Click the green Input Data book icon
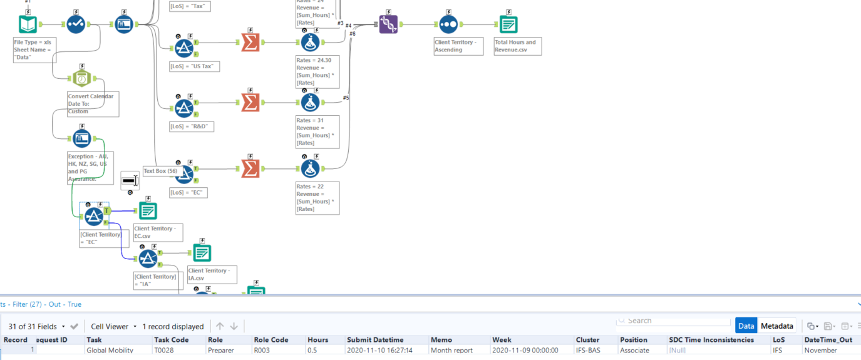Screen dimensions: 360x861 (x=28, y=24)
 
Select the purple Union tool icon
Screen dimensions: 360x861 (x=388, y=24)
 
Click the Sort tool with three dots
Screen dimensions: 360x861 (x=448, y=24)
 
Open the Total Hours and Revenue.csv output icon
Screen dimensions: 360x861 (x=508, y=24)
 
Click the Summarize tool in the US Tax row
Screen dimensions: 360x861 (x=250, y=43)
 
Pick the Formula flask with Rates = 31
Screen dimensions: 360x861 (x=309, y=102)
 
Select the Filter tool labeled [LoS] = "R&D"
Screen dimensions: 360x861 (x=184, y=108)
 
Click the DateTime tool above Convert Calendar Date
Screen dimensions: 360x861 (x=82, y=78)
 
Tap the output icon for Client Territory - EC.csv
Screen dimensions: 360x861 (x=148, y=210)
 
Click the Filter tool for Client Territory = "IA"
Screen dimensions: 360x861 (x=148, y=258)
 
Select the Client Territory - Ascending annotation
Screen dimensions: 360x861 (x=458, y=46)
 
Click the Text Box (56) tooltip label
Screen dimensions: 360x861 (x=161, y=171)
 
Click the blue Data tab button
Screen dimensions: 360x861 (x=746, y=326)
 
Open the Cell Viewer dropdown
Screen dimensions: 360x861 (x=113, y=326)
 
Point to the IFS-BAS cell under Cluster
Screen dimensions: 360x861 (x=588, y=351)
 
